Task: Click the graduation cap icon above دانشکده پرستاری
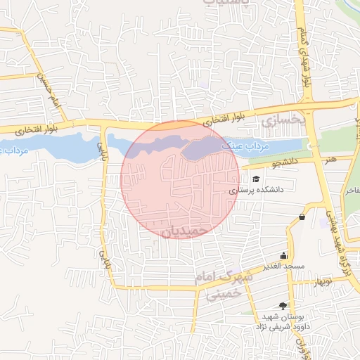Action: point(256,179)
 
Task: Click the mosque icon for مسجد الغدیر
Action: point(283,255)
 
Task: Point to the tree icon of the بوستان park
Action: point(283,305)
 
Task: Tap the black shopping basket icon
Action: point(302,217)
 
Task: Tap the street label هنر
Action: point(332,159)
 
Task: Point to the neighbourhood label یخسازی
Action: point(285,121)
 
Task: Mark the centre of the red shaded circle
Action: point(180,179)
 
